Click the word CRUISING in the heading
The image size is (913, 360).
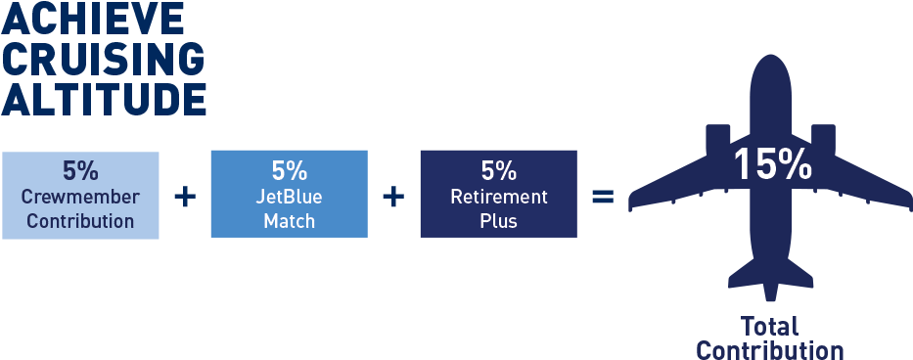coord(103,58)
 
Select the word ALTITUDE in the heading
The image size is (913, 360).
coord(103,98)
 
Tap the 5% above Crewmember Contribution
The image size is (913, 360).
coord(80,170)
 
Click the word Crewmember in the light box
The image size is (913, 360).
coord(80,197)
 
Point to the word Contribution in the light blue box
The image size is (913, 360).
coord(80,221)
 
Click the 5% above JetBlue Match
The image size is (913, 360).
coord(290,170)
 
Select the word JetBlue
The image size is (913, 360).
coord(290,197)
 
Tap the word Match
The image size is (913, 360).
coord(290,221)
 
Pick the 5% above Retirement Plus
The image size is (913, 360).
coord(498,170)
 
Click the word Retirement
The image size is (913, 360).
coord(498,197)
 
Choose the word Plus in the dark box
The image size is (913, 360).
coord(498,221)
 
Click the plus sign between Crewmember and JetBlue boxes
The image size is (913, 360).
coord(184,197)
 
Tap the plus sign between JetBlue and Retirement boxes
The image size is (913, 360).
coord(393,197)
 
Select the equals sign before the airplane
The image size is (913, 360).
coord(603,197)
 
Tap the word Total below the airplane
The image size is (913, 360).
coord(770,327)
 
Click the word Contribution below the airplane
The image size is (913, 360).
coord(770,350)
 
